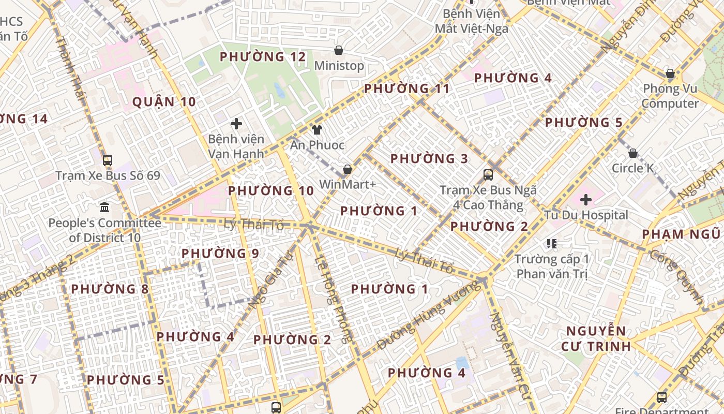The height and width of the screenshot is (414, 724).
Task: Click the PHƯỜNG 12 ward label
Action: click(263, 56)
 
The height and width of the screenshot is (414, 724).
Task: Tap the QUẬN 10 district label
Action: click(164, 101)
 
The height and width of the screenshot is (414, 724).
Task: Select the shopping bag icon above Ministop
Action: click(339, 50)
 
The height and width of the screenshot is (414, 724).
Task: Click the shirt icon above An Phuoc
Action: click(316, 130)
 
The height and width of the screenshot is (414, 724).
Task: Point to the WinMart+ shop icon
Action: click(348, 169)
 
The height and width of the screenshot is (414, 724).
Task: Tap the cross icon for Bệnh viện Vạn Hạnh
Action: click(236, 124)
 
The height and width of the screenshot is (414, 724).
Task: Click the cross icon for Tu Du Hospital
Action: click(586, 199)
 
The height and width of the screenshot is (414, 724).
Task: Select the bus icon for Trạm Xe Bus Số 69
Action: click(108, 160)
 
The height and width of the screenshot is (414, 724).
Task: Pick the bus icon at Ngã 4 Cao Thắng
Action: click(488, 174)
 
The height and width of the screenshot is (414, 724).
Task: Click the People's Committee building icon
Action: click(104, 208)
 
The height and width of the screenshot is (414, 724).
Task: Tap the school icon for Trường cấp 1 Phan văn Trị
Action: click(551, 243)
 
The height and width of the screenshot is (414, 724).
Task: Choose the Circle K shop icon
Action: click(632, 153)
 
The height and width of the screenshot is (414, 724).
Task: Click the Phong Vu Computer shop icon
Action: click(670, 74)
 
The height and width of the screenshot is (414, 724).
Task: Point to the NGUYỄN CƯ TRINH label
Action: click(596, 338)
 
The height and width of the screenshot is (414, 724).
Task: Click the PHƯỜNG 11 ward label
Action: click(407, 88)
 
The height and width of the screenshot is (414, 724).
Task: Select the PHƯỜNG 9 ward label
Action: click(220, 254)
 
